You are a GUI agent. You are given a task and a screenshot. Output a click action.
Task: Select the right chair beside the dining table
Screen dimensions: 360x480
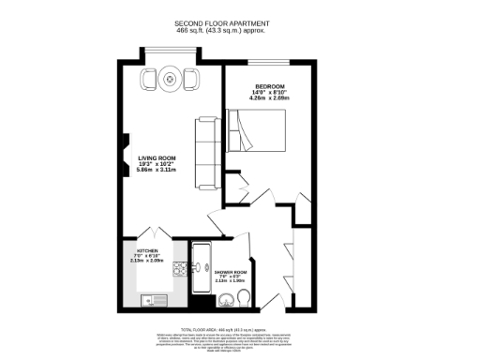[x=190, y=76]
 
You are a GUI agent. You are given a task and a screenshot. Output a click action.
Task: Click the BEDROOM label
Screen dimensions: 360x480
[x=271, y=86]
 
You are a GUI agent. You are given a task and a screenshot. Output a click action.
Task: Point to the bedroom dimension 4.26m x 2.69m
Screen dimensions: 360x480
[x=271, y=100]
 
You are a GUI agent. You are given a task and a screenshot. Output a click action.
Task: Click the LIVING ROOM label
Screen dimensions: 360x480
[x=157, y=157]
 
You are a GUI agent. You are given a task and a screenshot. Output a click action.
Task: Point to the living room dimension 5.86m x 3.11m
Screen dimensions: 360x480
[x=157, y=171]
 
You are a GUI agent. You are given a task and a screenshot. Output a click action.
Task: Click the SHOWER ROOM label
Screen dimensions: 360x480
[x=229, y=274]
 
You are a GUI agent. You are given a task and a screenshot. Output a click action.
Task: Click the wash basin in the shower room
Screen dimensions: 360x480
[x=225, y=301]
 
